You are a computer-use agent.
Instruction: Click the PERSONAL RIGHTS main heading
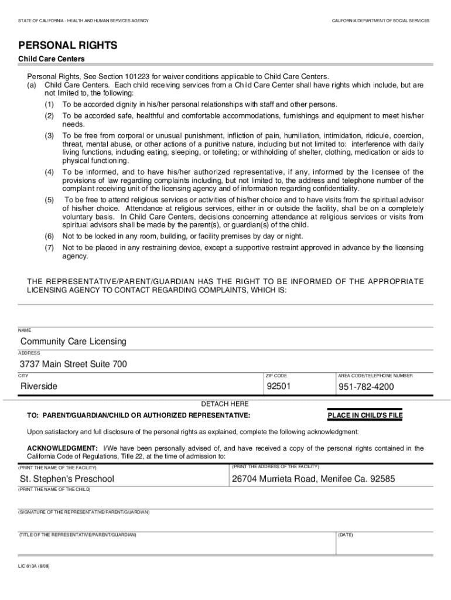click(68, 45)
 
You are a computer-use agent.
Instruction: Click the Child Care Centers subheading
click(52, 59)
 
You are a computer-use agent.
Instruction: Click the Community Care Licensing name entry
click(73, 342)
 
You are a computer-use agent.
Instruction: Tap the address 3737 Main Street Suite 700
click(73, 364)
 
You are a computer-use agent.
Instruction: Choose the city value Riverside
click(39, 387)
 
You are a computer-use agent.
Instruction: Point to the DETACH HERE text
click(225, 404)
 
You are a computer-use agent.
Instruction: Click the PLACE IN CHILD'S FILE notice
click(365, 416)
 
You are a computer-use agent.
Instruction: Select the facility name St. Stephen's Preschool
click(67, 479)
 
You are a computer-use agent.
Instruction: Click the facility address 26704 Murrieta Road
click(313, 479)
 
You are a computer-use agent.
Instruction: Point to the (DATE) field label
click(346, 535)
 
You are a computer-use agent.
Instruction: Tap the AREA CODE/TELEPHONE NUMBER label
click(375, 376)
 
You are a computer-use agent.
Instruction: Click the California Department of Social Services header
click(381, 21)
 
